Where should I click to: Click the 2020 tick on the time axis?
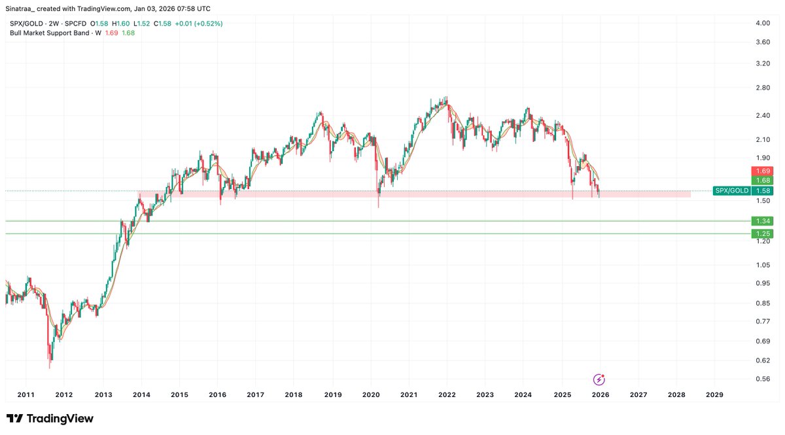371,394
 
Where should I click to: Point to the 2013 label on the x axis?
102,394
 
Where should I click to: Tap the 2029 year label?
714,394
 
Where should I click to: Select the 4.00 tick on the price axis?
763,23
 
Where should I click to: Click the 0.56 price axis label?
763,378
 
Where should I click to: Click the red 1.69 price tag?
763,171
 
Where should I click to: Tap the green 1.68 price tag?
763,180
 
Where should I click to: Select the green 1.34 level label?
763,221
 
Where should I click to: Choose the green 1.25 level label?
763,234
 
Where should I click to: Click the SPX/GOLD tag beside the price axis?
730,191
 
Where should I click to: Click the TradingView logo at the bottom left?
50,419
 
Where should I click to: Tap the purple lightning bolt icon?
599,379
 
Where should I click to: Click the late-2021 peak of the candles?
445,97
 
